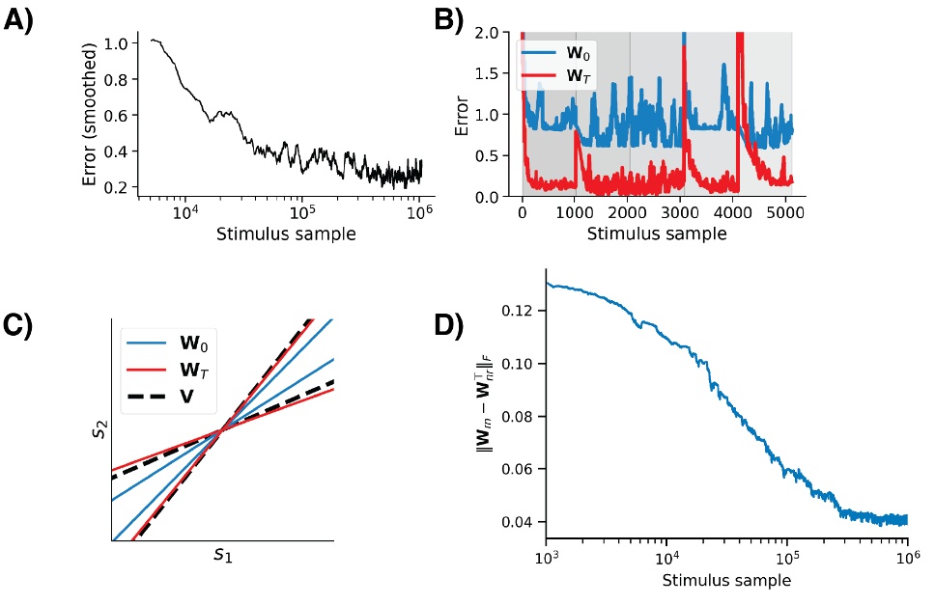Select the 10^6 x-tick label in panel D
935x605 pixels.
[x=906, y=562]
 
